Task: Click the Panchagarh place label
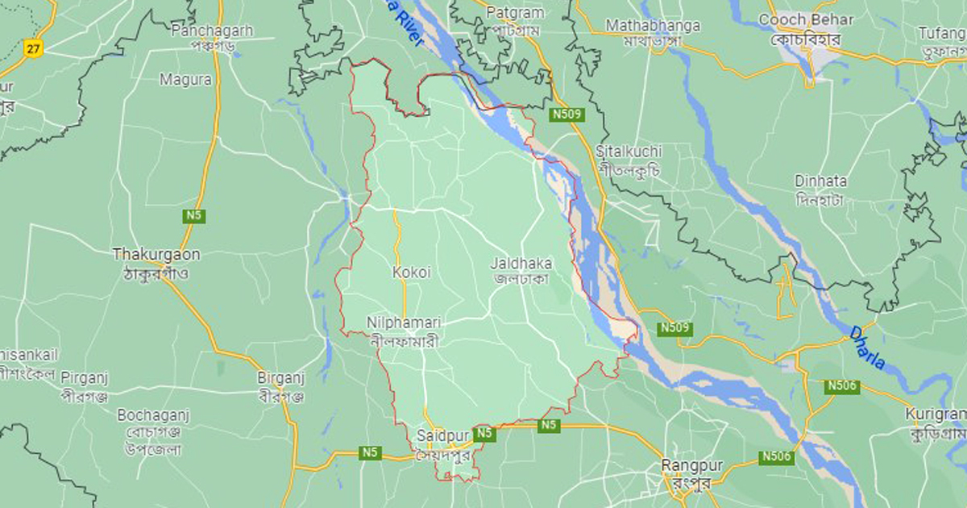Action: click(212, 31)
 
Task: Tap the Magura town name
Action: click(185, 80)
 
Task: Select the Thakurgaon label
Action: click(156, 254)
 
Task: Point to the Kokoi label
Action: click(411, 273)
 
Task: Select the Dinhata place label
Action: click(820, 181)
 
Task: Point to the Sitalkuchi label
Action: click(629, 152)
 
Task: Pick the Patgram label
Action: click(517, 14)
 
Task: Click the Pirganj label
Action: click(85, 377)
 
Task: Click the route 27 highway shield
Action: click(32, 48)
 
